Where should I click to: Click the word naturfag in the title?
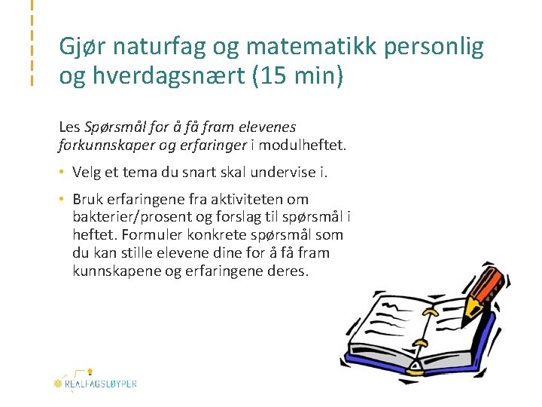(x=153, y=48)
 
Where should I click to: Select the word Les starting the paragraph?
(x=69, y=127)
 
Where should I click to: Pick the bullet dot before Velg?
(x=63, y=172)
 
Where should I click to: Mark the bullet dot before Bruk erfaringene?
(x=63, y=200)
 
